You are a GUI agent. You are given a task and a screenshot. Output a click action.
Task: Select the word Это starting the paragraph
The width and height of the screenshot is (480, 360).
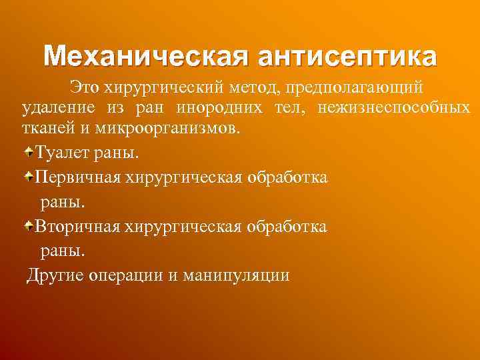click(x=82, y=87)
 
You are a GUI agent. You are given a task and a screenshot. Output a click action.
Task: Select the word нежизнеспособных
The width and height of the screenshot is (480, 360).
click(x=395, y=107)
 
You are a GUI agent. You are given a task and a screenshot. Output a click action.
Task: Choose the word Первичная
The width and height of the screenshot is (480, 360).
click(x=75, y=177)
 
